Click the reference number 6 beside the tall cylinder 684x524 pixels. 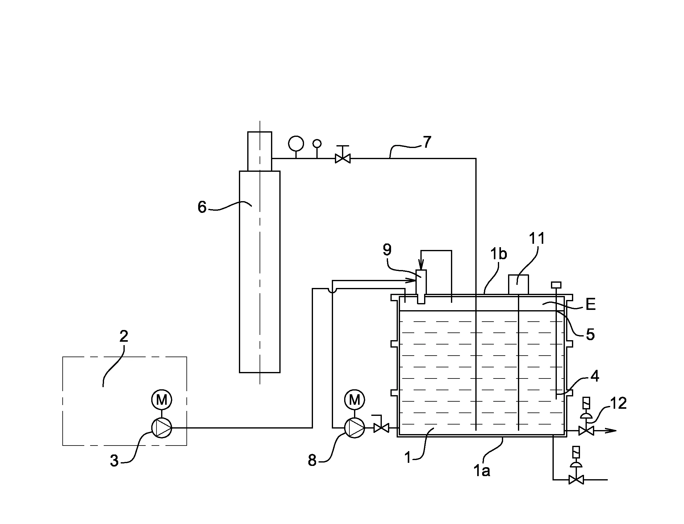tap(202, 207)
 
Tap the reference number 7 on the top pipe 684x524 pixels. tap(427, 142)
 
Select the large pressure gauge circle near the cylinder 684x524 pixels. tap(296, 143)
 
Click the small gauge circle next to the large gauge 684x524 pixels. tap(317, 143)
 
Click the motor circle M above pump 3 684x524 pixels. tap(162, 399)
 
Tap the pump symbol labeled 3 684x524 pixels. tap(162, 428)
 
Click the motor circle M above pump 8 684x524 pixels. tap(355, 399)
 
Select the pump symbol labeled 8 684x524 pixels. tap(355, 428)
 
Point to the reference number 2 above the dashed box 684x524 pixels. tap(124, 336)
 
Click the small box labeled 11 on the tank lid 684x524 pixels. tap(518, 285)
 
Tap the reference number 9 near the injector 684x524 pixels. tap(387, 250)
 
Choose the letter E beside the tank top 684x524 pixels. tap(590, 304)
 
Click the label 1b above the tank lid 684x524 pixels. tap(498, 254)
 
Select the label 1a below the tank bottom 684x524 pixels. tap(482, 470)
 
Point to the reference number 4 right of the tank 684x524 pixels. tap(595, 376)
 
